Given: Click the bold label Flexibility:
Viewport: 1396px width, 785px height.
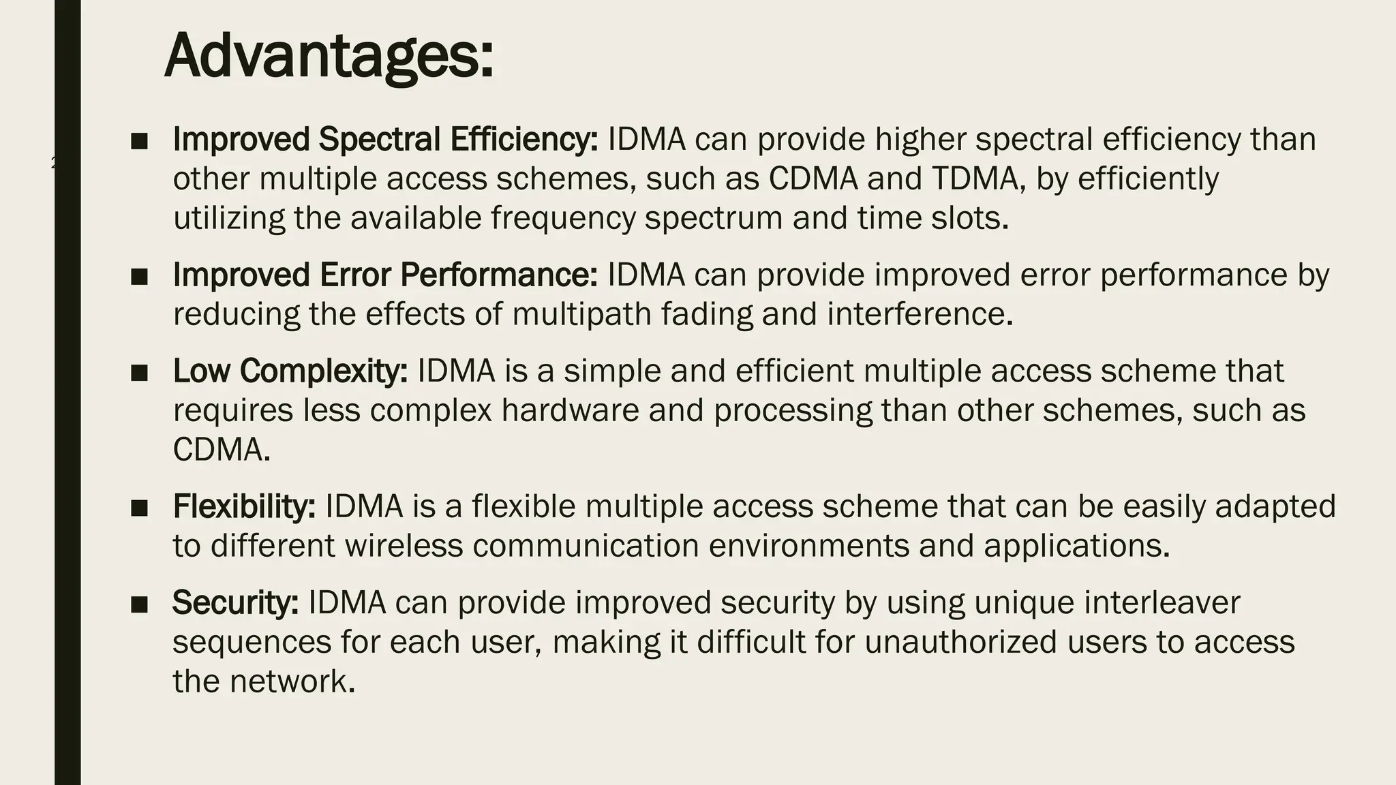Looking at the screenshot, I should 244,507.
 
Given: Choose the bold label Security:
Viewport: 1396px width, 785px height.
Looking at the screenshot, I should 235,603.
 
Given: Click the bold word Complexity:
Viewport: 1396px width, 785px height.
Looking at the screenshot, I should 323,371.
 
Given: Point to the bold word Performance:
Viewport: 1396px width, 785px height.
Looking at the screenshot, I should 498,275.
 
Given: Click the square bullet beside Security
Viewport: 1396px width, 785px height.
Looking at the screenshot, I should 140,604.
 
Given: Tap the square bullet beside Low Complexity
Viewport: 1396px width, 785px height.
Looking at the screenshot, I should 140,373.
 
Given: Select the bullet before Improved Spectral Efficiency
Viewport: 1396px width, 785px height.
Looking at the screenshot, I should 140,141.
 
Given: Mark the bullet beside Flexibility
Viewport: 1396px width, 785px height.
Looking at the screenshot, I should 140,508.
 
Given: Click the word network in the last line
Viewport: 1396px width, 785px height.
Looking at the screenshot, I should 292,682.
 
